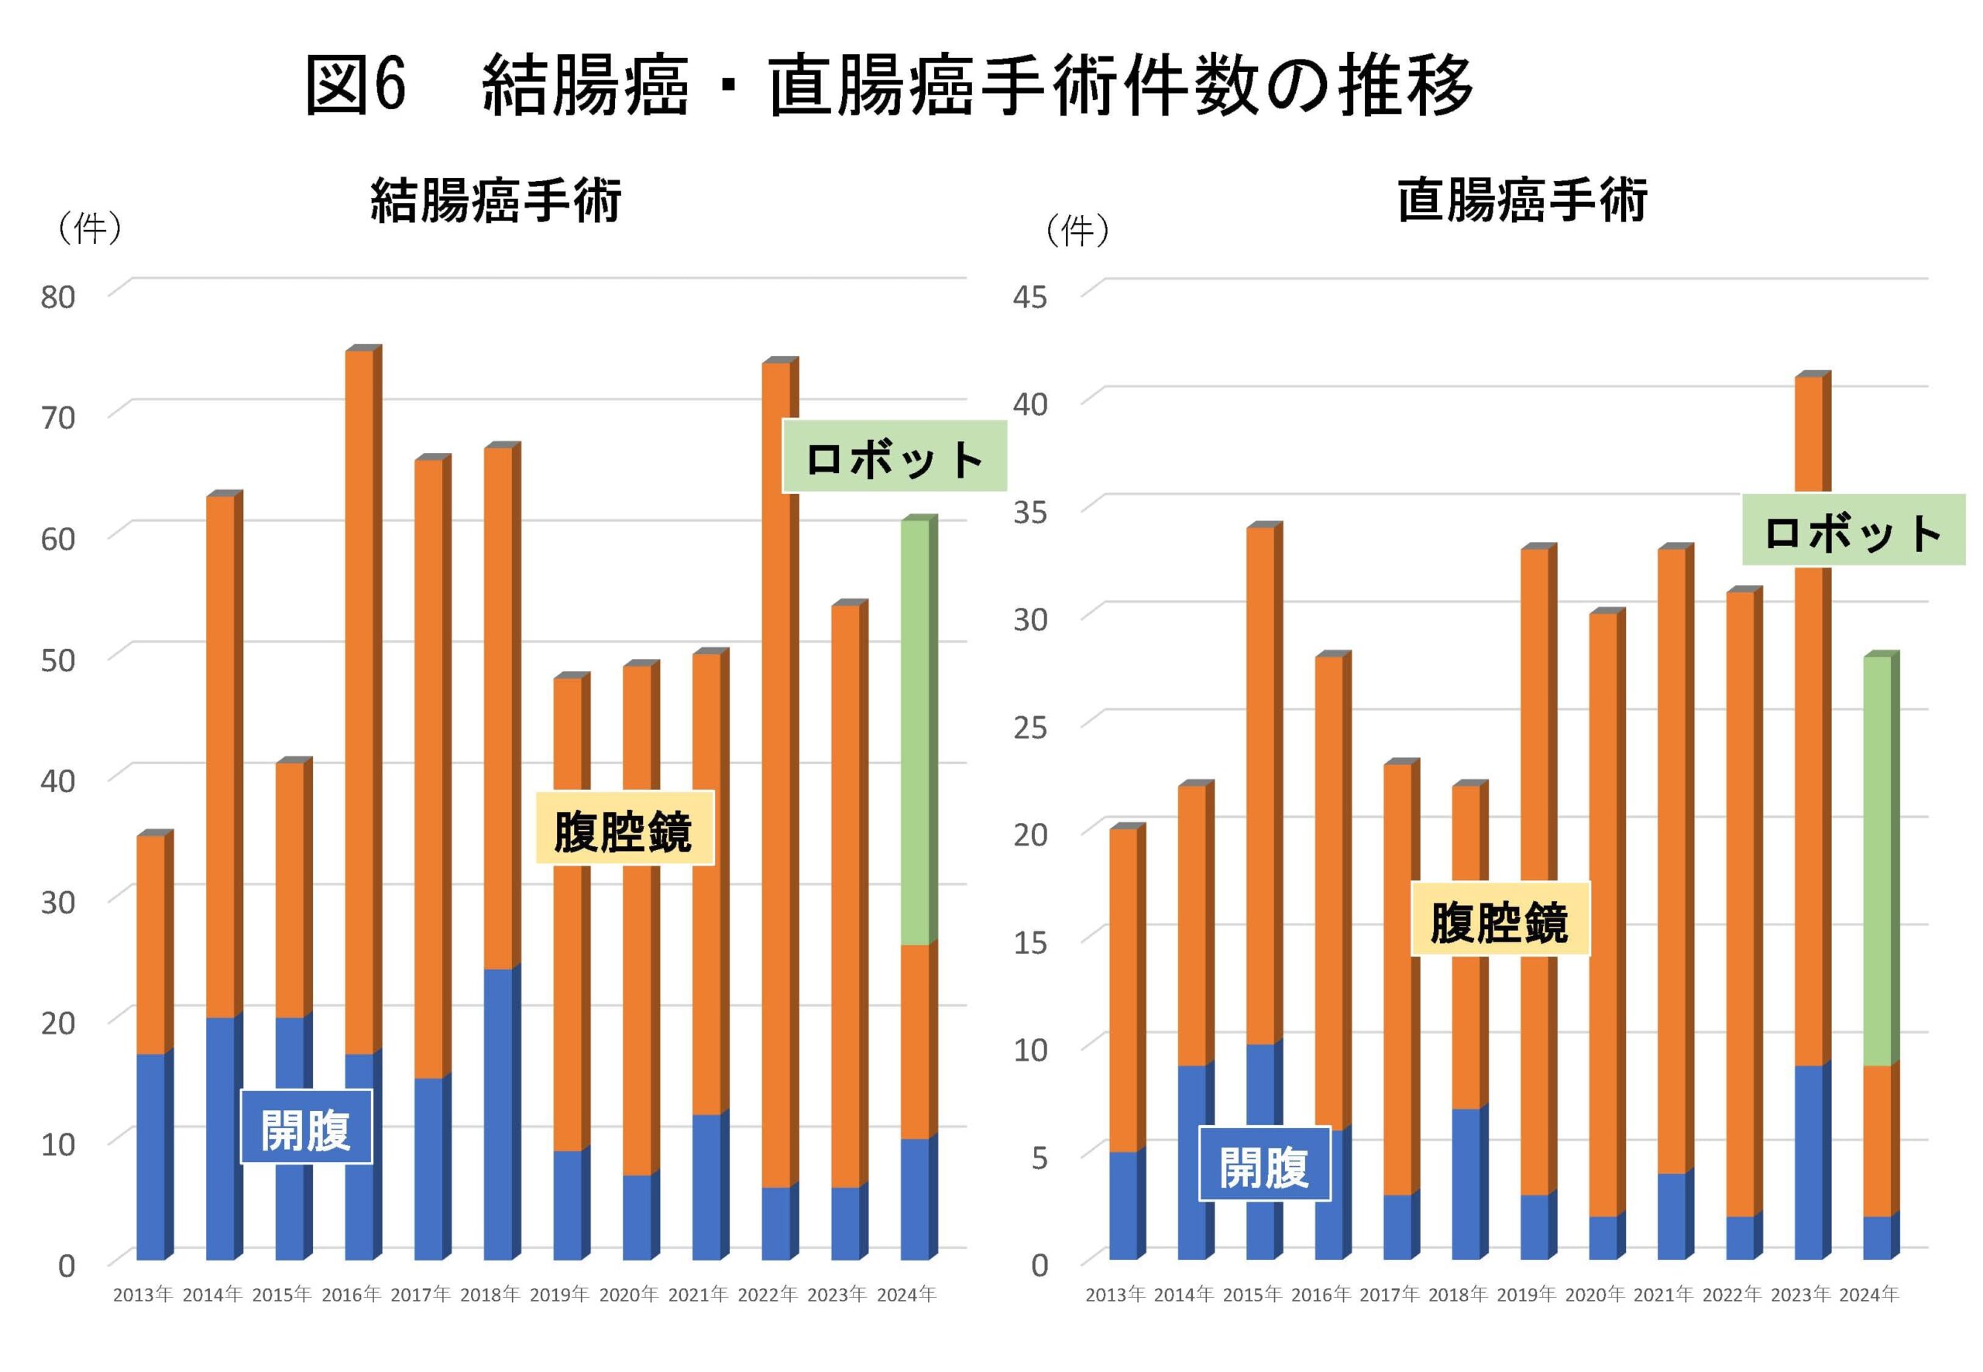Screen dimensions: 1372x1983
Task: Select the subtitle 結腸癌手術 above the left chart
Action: click(x=495, y=201)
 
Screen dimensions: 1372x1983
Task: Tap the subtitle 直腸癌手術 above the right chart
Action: click(x=1521, y=201)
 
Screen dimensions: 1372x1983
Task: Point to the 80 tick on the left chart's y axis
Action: click(x=57, y=297)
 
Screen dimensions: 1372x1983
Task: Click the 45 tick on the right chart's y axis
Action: click(x=1029, y=297)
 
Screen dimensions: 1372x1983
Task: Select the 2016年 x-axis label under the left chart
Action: click(x=351, y=1295)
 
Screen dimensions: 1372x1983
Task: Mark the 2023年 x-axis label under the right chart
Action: click(x=1800, y=1295)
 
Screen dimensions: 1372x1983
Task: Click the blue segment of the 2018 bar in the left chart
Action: click(x=498, y=1113)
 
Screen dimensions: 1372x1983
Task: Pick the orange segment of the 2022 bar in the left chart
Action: click(x=775, y=773)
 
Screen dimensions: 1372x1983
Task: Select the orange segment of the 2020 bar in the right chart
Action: click(x=1603, y=911)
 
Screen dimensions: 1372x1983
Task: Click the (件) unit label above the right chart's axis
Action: click(x=1077, y=231)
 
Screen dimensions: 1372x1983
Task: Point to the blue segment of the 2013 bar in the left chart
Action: click(x=150, y=1156)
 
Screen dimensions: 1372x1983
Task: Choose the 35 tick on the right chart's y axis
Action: click(x=1029, y=512)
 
